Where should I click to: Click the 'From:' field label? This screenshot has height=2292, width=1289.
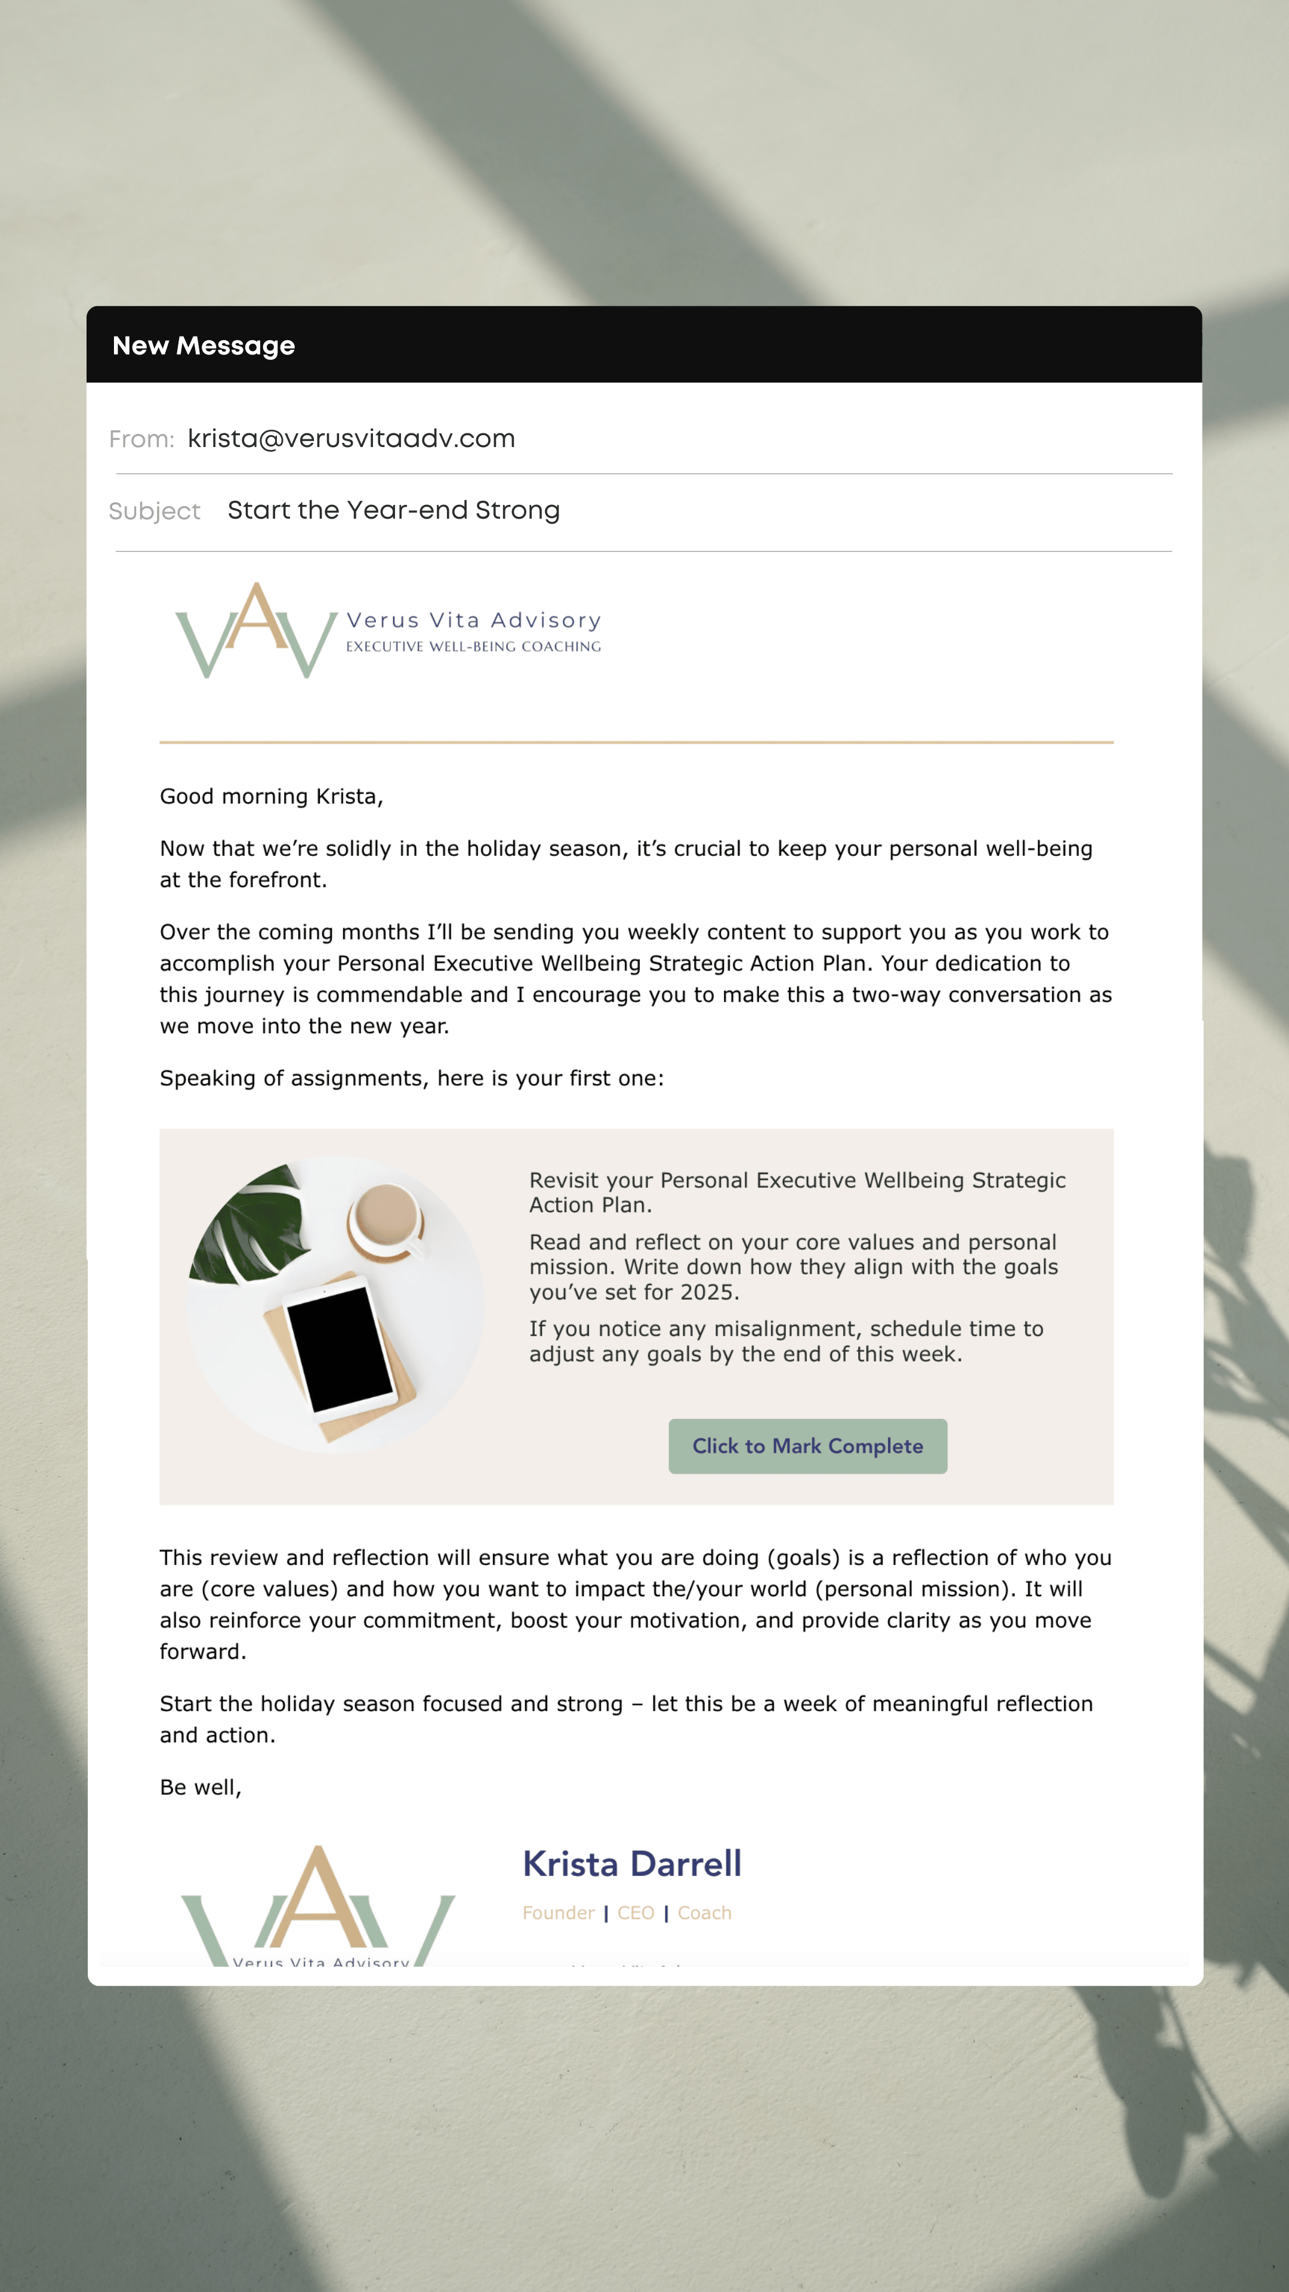141,439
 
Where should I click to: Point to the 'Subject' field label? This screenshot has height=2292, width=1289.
154,512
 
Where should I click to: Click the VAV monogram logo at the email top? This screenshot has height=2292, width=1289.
256,630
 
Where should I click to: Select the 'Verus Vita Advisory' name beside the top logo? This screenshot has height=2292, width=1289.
473,620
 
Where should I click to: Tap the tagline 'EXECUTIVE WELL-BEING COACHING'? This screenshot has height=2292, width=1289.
473,647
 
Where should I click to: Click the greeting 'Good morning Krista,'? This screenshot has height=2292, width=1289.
272,796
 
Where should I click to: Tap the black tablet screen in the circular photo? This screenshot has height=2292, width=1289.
340,1345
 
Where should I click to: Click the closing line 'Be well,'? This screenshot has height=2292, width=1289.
200,1788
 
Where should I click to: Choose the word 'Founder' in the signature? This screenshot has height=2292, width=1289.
558,1913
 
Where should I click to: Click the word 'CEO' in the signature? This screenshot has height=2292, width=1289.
635,1913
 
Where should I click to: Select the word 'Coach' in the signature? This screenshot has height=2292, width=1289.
705,1913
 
